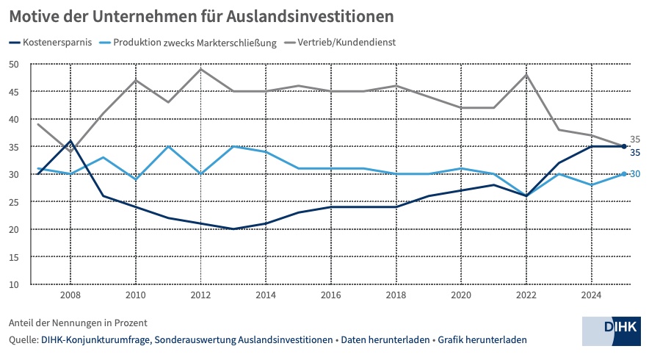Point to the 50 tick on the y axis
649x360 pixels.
[x=14, y=64]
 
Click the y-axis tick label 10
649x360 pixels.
[x=14, y=284]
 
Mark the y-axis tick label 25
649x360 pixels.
[x=14, y=202]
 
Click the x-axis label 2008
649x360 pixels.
[x=70, y=295]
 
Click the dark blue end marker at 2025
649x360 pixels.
[x=624, y=146]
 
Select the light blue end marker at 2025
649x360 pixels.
[x=624, y=174]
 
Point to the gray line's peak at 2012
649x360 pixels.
[x=200, y=69]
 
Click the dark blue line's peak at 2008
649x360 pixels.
[x=70, y=141]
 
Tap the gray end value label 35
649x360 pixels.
[x=635, y=140]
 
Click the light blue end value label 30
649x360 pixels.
[x=635, y=174]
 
